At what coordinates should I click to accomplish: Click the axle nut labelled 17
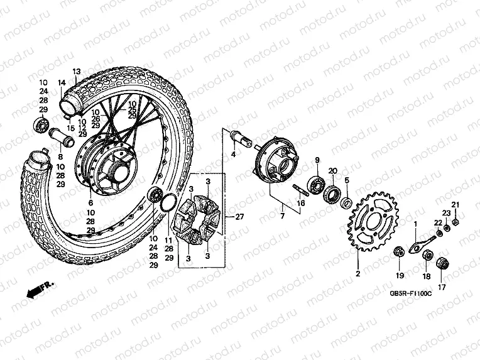442,264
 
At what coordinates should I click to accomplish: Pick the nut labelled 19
398,253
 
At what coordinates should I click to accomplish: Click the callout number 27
239,217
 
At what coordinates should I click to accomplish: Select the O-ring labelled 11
169,204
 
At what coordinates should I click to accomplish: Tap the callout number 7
283,216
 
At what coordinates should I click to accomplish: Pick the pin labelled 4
237,133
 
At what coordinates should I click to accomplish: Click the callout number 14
62,83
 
